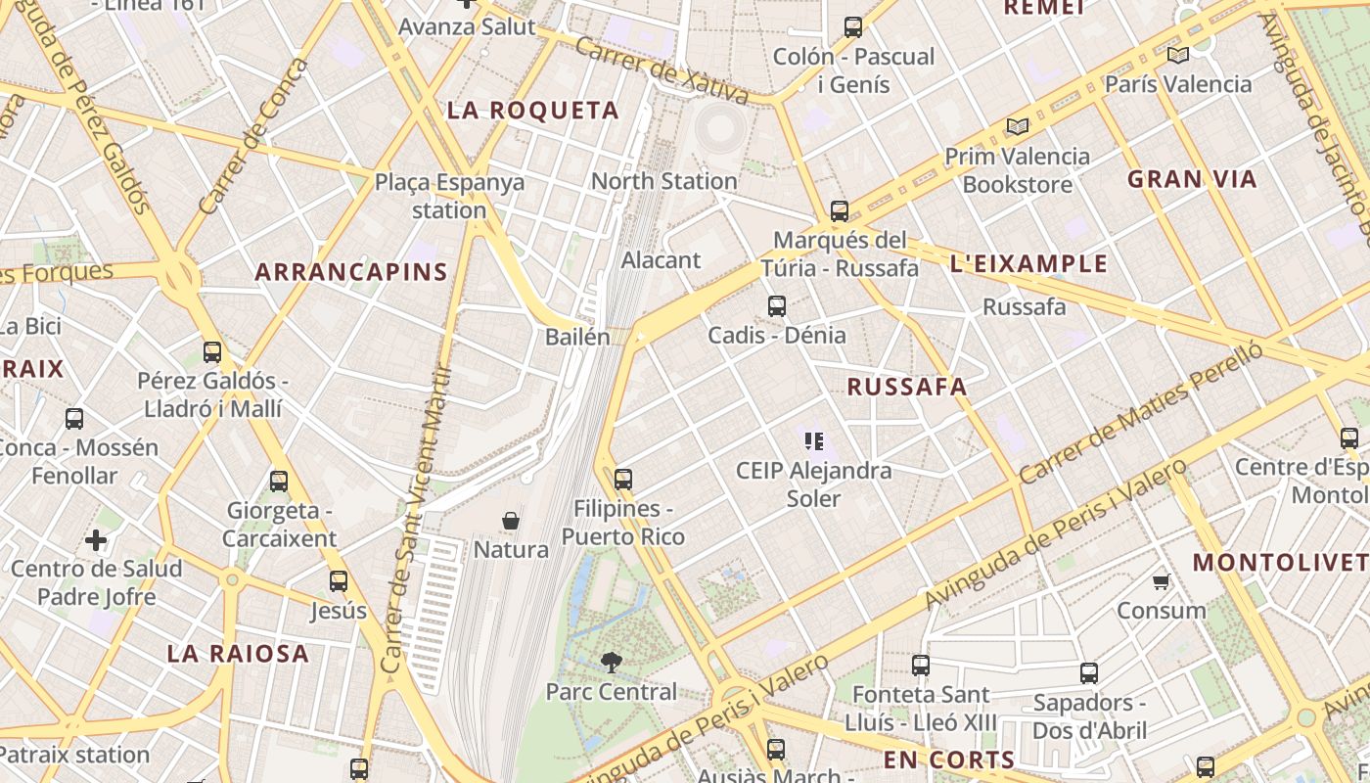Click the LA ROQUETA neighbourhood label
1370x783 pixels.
tap(533, 111)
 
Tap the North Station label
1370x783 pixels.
tap(663, 181)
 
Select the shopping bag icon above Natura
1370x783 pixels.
tap(510, 521)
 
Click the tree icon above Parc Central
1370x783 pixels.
tap(611, 663)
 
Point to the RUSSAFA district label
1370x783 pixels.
tap(906, 388)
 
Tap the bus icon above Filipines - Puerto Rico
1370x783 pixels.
tap(623, 480)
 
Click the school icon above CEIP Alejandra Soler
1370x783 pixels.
tap(813, 441)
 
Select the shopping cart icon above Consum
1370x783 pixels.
tap(1162, 582)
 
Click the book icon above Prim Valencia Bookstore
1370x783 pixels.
tap(1018, 126)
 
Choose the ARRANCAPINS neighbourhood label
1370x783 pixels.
tap(351, 272)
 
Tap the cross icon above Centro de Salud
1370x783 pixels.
tap(96, 539)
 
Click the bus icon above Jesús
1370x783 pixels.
tap(339, 581)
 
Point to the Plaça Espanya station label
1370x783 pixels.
tap(449, 196)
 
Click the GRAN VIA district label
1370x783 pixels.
tap(1192, 179)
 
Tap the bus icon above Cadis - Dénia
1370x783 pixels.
tap(777, 306)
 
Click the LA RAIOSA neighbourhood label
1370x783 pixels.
tap(238, 654)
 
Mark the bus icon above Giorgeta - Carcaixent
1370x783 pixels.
tap(279, 481)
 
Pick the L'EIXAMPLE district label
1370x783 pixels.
tap(1028, 263)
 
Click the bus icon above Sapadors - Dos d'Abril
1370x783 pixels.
tap(1089, 673)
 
